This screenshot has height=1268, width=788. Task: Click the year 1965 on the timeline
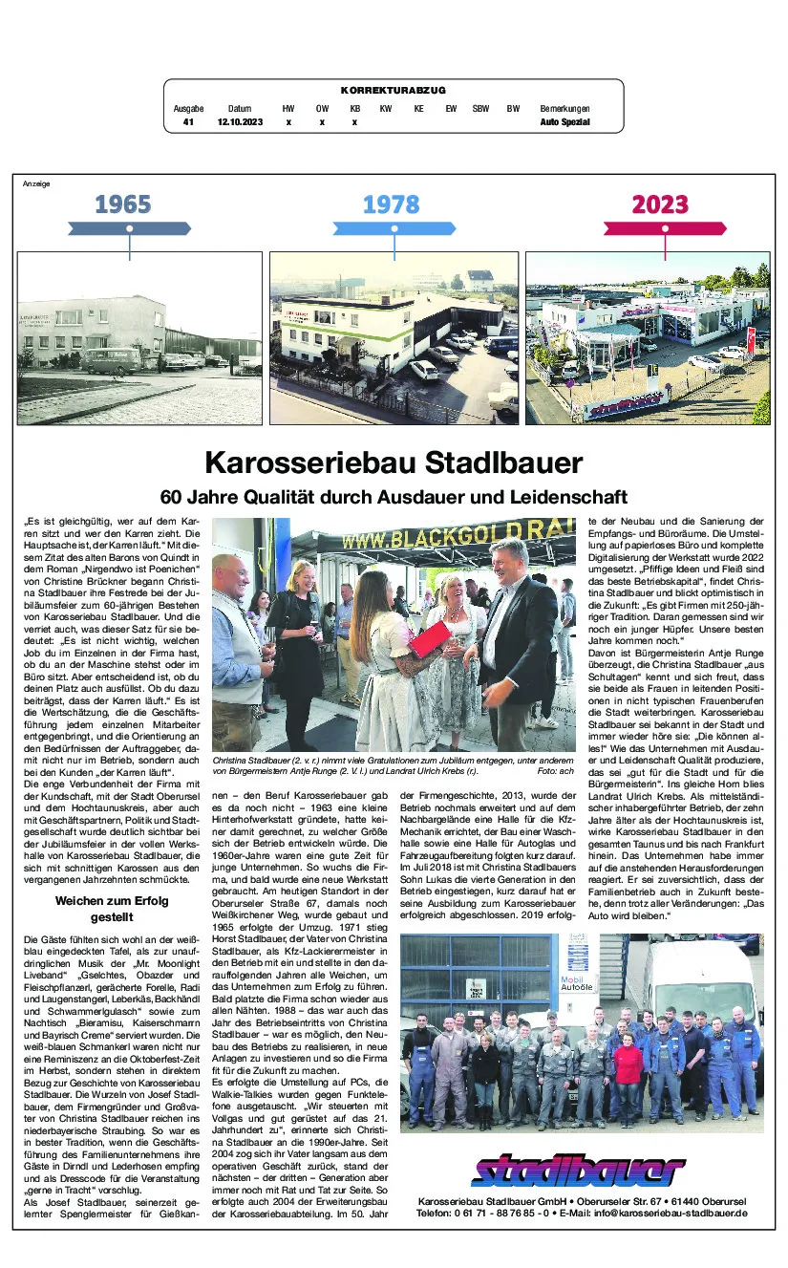(123, 204)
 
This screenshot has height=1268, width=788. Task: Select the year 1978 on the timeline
(392, 204)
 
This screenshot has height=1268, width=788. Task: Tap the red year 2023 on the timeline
(660, 204)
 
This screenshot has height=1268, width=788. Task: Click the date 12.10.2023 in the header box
(240, 122)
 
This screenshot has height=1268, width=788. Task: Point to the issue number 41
(188, 122)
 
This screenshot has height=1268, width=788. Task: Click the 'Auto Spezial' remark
(564, 122)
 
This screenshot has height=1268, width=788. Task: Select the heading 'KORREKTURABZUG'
(393, 90)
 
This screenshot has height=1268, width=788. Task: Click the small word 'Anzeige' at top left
(36, 183)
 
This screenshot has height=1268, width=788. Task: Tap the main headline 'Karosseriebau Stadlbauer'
(394, 463)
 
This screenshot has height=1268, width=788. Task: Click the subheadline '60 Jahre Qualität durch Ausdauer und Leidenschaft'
(394, 497)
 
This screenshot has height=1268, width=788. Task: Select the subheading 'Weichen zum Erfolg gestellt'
(113, 908)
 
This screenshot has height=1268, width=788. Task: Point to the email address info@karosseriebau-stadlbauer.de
(666, 1213)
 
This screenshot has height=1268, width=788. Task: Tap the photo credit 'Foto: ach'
(555, 769)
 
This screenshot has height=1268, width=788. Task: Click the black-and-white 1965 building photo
(139, 338)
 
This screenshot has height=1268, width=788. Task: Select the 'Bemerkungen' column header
(564, 109)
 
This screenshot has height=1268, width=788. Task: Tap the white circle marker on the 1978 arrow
(394, 228)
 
